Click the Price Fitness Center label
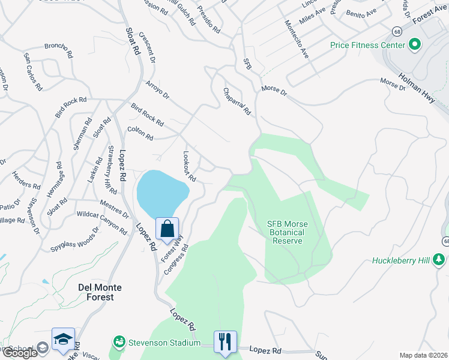(366, 45)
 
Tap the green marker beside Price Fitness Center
(414, 45)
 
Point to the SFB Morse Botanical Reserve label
(286, 232)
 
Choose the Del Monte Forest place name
(100, 287)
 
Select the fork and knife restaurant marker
(225, 342)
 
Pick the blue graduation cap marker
(63, 339)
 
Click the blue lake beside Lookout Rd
(161, 193)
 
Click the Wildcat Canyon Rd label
(102, 223)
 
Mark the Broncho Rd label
(58, 50)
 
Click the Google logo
(20, 353)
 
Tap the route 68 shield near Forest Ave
(397, 31)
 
